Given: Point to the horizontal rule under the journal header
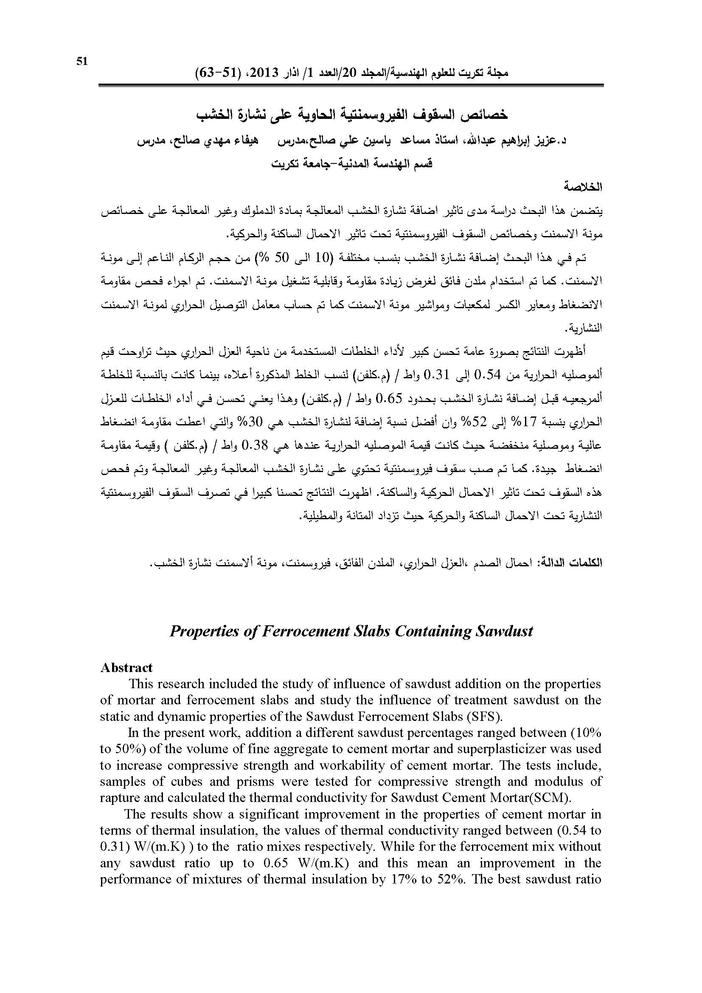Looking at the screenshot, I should (351, 85).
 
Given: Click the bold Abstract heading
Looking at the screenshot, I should (126, 667).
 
